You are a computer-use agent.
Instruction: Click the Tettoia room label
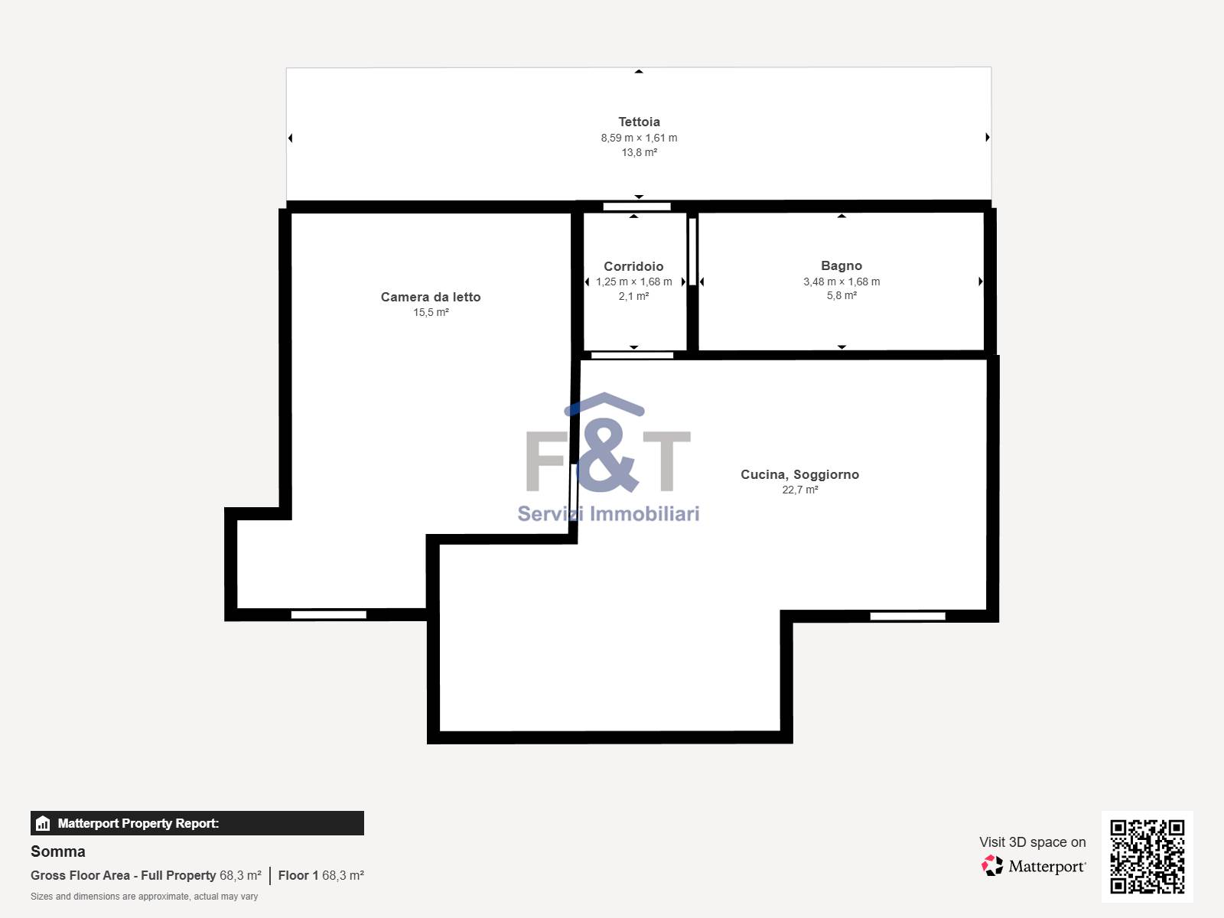click(639, 122)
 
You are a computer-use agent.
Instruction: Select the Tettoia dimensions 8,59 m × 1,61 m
click(639, 138)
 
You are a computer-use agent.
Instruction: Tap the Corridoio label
click(633, 266)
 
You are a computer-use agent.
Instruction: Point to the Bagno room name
click(841, 266)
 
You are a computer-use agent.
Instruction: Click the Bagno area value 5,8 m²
click(841, 295)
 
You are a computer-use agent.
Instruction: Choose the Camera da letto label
click(431, 297)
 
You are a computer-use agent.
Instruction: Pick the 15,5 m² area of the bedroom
click(431, 312)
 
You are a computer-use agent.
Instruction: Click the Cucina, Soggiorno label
click(799, 474)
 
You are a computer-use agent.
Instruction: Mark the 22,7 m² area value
click(800, 490)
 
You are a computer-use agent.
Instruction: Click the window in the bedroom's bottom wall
click(329, 614)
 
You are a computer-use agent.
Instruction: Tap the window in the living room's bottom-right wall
click(908, 616)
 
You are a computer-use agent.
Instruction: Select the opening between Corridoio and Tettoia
click(636, 207)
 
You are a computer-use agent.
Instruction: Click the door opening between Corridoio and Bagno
click(692, 252)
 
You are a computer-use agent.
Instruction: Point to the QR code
click(1147, 856)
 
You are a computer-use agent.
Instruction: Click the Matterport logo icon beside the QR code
click(992, 866)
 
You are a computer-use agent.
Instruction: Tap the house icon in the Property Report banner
click(43, 823)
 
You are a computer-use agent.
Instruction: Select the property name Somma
click(58, 851)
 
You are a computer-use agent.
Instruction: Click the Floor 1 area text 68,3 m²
click(343, 875)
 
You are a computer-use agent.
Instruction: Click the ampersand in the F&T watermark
click(605, 456)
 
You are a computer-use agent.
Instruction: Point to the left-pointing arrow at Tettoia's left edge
click(290, 138)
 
